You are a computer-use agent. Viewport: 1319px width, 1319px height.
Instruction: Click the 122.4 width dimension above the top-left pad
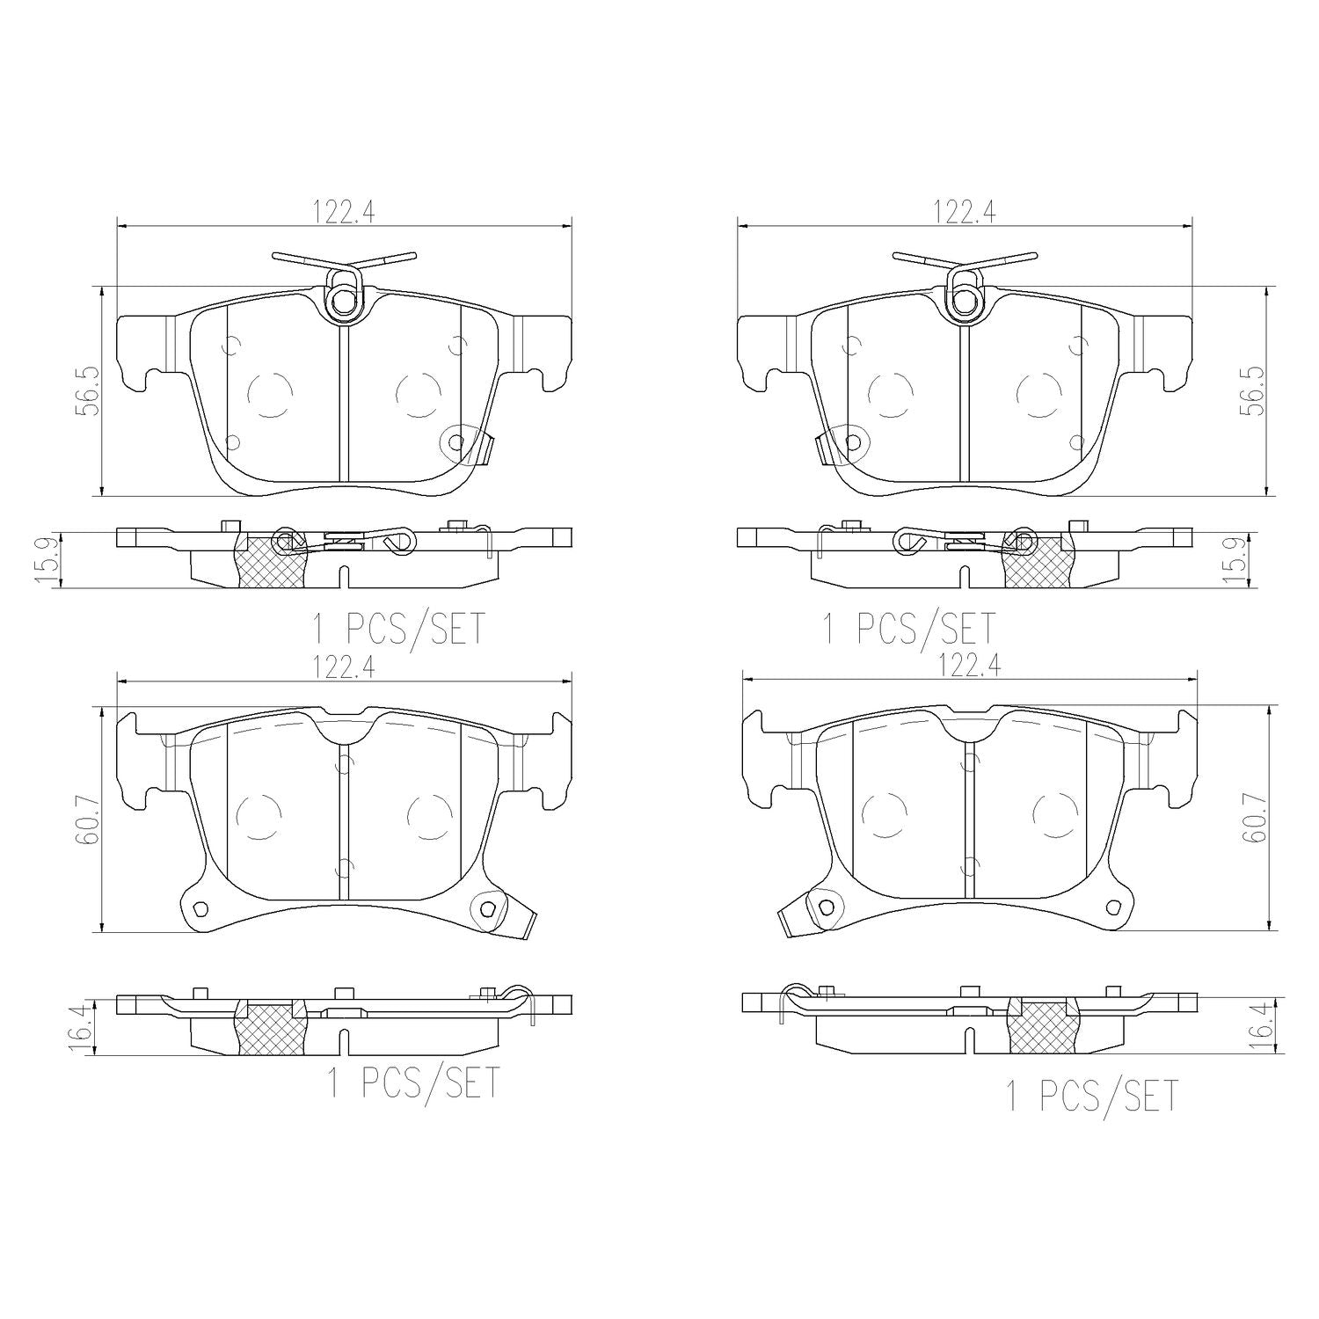point(344,212)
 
